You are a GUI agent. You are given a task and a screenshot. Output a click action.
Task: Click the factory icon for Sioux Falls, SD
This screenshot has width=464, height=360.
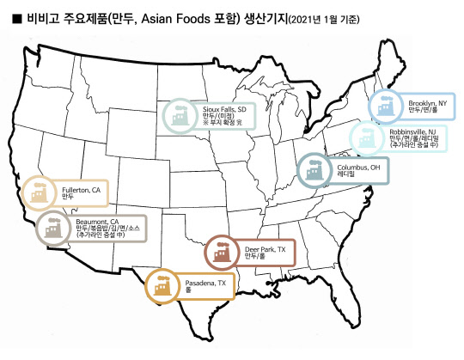pyautogui.click(x=179, y=113)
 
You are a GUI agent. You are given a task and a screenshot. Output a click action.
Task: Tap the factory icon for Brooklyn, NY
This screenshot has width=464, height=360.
pyautogui.click(x=384, y=106)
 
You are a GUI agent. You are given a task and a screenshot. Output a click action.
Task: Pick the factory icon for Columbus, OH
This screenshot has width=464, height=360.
pyautogui.click(x=313, y=170)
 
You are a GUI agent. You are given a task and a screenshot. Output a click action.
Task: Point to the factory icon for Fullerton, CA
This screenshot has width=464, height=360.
pyautogui.click(x=38, y=192)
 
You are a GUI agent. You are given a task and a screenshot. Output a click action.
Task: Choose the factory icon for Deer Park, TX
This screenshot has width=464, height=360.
pyautogui.click(x=222, y=252)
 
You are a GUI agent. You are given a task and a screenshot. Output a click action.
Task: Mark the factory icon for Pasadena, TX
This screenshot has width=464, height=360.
pyautogui.click(x=162, y=286)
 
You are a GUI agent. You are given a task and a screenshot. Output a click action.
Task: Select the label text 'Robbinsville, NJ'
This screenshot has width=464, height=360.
pyautogui.click(x=414, y=127)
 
